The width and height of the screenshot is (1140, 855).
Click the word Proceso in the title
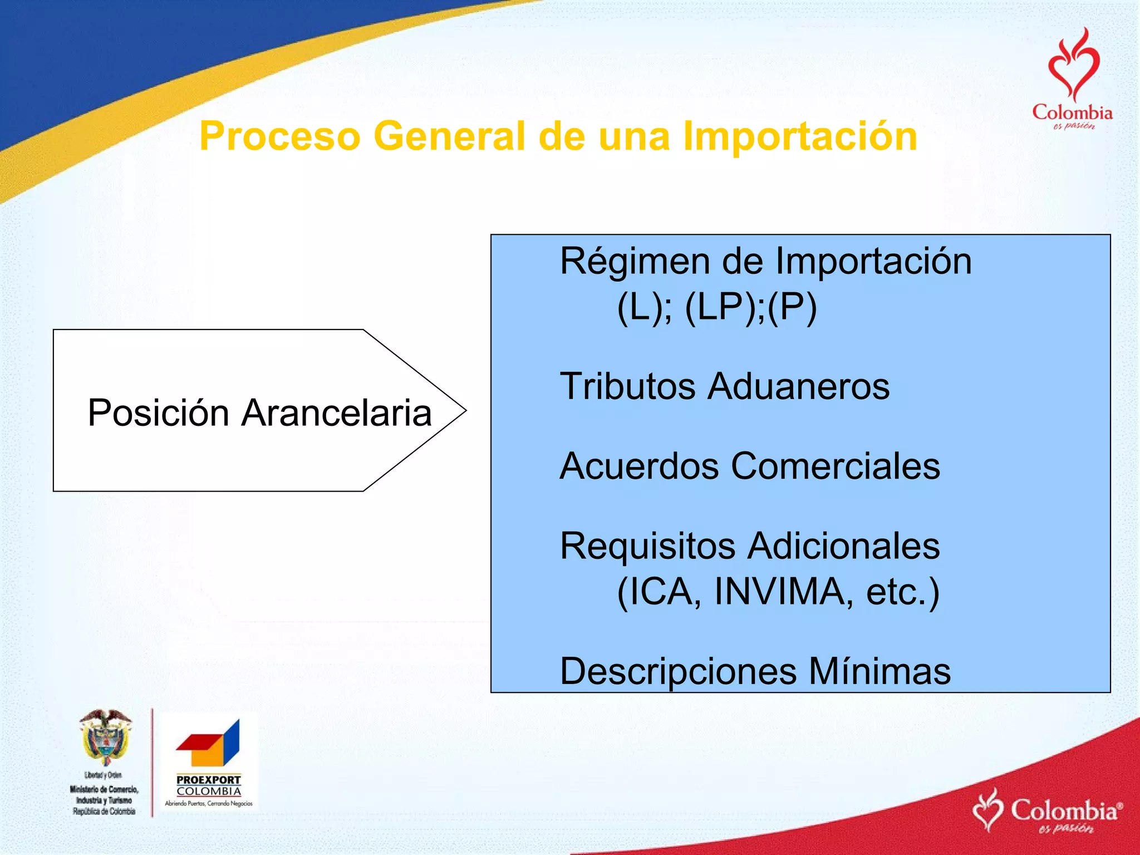280,137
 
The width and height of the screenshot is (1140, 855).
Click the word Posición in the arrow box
159,413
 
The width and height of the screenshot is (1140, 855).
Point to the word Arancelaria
337,413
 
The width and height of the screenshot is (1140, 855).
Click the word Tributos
628,386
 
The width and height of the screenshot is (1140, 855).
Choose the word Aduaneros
799,386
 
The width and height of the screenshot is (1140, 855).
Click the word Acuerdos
639,466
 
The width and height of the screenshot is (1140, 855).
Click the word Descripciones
678,672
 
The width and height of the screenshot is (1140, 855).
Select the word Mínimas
879,672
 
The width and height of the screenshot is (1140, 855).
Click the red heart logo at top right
1073,67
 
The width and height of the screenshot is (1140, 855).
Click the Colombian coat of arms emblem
106,738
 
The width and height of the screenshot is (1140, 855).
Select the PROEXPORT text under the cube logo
209,780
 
